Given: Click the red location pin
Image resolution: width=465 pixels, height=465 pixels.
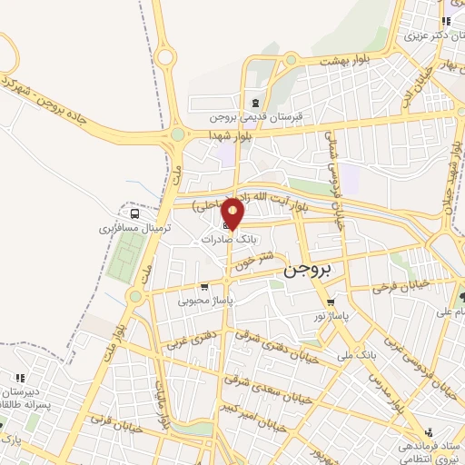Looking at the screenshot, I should pyautogui.click(x=233, y=213).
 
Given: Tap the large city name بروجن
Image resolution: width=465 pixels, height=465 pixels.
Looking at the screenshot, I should pyautogui.click(x=309, y=269).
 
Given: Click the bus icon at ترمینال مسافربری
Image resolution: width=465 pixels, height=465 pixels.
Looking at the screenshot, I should pyautogui.click(x=134, y=213).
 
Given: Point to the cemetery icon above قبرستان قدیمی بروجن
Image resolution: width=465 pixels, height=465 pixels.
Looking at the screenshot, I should pyautogui.click(x=256, y=102).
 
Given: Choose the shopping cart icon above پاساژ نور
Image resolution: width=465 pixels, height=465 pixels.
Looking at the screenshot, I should pyautogui.click(x=330, y=303).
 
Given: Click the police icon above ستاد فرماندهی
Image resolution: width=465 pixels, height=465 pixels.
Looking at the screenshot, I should pyautogui.click(x=428, y=432).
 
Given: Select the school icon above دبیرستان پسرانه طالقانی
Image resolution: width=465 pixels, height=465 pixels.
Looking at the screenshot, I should pyautogui.click(x=19, y=376).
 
